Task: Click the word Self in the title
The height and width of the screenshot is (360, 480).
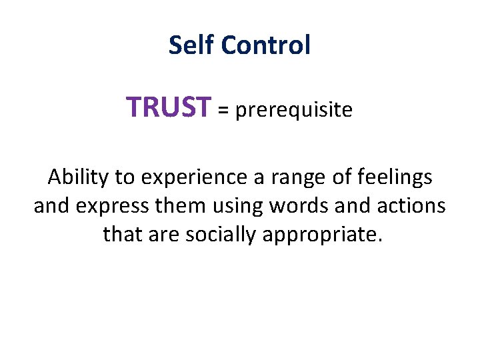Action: pos(191,45)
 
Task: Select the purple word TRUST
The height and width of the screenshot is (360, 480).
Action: pos(169,107)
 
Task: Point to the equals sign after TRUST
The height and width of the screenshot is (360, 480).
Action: pos(223,110)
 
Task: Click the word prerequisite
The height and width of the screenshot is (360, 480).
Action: pos(293,110)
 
